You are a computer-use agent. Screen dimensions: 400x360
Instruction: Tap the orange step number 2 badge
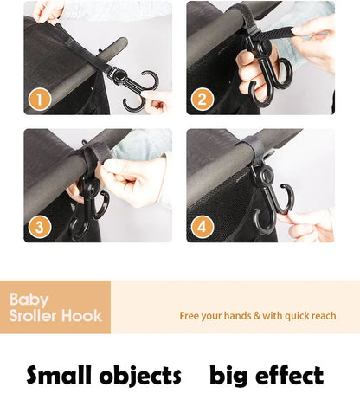(x=202, y=99)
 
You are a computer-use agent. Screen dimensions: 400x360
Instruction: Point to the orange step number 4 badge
(x=202, y=227)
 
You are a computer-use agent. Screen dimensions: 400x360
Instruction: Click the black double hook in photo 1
(x=136, y=86)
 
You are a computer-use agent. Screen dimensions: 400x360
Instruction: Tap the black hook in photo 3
(x=90, y=204)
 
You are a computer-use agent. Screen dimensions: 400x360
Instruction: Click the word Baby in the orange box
(x=29, y=299)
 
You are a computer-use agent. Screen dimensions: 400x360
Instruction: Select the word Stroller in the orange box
(x=35, y=315)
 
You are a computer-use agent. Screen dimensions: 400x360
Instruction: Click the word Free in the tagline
(x=191, y=316)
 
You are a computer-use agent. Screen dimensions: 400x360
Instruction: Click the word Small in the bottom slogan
(x=58, y=375)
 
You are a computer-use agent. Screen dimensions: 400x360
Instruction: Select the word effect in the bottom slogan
(x=290, y=375)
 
